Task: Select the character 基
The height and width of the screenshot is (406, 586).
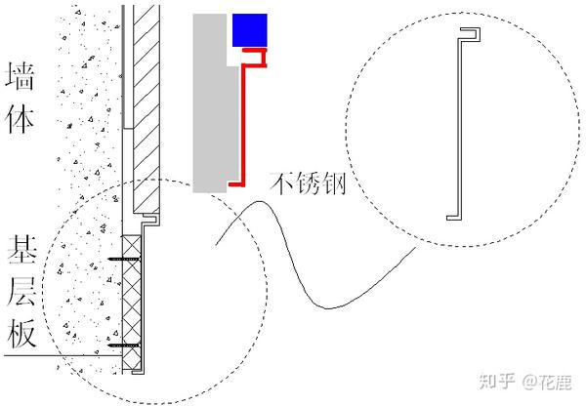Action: pos(21,249)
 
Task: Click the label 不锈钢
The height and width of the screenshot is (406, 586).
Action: pos(306,181)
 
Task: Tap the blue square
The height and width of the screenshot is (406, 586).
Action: pos(249,31)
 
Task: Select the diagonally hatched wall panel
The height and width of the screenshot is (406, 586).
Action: pos(144,107)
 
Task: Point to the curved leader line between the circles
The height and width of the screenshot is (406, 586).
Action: pos(293,254)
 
